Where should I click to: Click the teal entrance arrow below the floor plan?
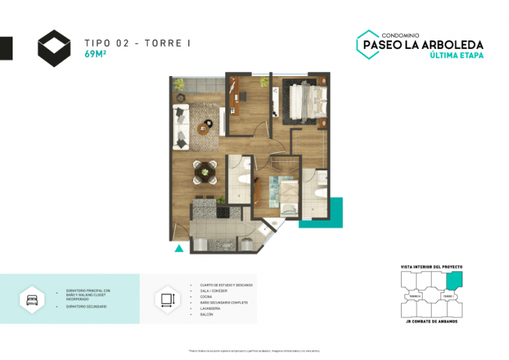[x=178, y=247]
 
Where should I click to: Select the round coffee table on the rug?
[x=205, y=126]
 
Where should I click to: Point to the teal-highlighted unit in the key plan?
[x=453, y=280]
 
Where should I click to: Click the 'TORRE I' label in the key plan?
[x=448, y=297]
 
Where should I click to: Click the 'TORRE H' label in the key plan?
[x=416, y=297]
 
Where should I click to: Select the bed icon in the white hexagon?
[x=32, y=300]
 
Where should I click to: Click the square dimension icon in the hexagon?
[x=167, y=300]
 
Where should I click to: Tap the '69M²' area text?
[x=96, y=54]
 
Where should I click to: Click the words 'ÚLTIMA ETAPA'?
[x=457, y=55]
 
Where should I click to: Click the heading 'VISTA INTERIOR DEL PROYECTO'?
[x=432, y=267]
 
